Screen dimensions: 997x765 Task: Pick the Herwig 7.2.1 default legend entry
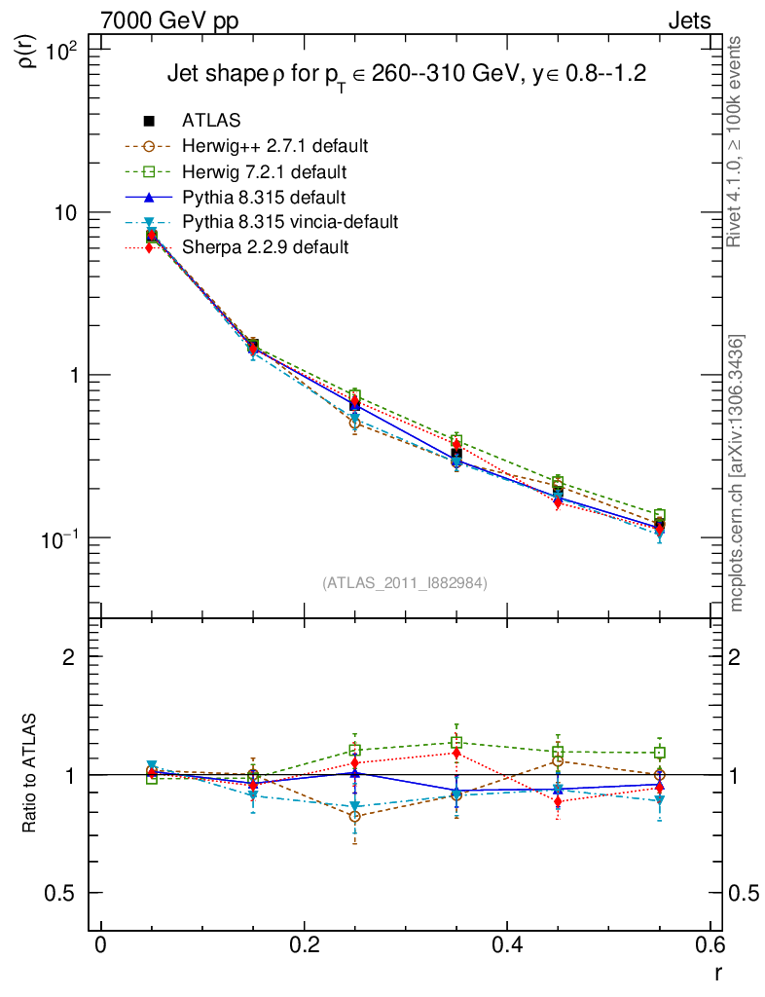point(264,172)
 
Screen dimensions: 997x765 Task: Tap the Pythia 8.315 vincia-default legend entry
point(290,222)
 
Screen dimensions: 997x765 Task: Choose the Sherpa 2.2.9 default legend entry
point(265,247)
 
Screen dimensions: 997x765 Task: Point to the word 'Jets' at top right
point(688,20)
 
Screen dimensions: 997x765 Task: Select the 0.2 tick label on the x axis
point(305,946)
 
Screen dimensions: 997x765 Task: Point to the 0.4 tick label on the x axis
point(508,946)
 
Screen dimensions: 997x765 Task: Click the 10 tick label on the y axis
point(68,212)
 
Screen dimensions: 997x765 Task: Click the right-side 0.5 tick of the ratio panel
point(744,893)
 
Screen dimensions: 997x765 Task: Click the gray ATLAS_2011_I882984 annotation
point(405,582)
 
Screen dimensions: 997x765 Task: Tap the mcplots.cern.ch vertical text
point(738,473)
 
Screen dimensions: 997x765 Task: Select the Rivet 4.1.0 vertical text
point(736,141)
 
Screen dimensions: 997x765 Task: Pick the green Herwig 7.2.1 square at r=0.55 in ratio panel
point(660,753)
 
